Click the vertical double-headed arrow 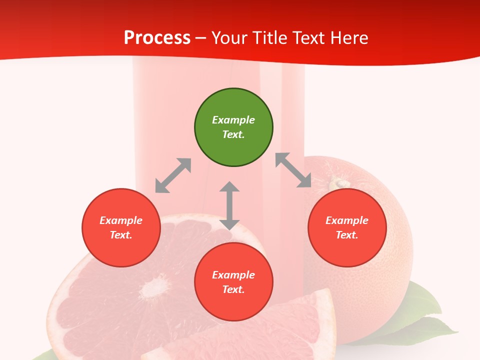(x=229, y=205)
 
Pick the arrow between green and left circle (x=173, y=175)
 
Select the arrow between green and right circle (x=293, y=170)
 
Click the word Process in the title (x=157, y=38)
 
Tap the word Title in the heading (x=270, y=38)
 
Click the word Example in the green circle (x=233, y=120)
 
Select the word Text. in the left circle (x=121, y=235)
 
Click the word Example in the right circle (x=347, y=220)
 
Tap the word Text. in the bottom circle (x=233, y=289)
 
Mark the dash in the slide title (x=200, y=38)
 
